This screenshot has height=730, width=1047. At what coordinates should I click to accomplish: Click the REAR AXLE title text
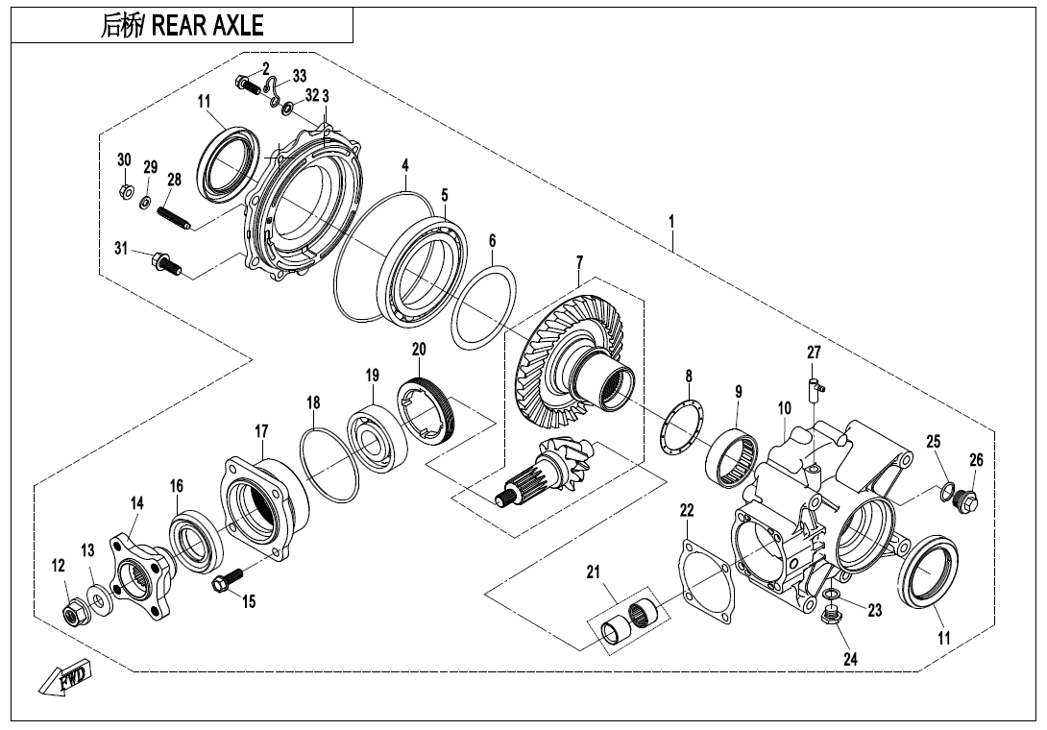[x=182, y=26]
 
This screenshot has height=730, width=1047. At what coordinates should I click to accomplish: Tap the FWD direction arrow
[x=65, y=680]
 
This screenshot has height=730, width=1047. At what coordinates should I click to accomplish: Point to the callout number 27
[x=814, y=353]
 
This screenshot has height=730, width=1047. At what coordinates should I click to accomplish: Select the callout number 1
[x=671, y=221]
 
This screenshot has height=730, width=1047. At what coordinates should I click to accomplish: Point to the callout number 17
[x=261, y=432]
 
